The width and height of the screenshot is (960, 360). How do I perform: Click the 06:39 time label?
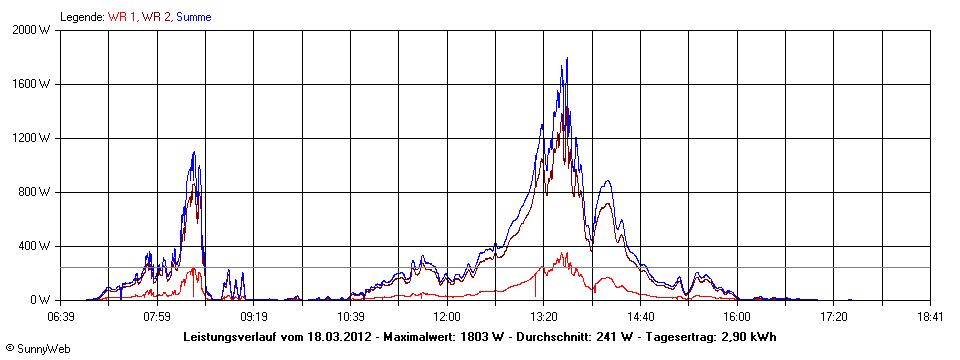[x=60, y=316]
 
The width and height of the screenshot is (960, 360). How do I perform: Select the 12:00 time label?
[x=447, y=316]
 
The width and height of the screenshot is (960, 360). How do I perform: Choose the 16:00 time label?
[x=737, y=316]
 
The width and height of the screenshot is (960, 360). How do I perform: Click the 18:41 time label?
[x=930, y=316]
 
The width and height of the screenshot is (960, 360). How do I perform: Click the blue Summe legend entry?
[x=193, y=17]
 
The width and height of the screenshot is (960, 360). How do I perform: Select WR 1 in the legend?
[x=122, y=17]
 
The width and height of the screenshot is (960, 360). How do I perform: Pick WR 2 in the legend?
[x=156, y=17]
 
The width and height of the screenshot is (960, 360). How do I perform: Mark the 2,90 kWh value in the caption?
[x=744, y=337]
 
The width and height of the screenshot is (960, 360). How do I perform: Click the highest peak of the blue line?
[x=567, y=58]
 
